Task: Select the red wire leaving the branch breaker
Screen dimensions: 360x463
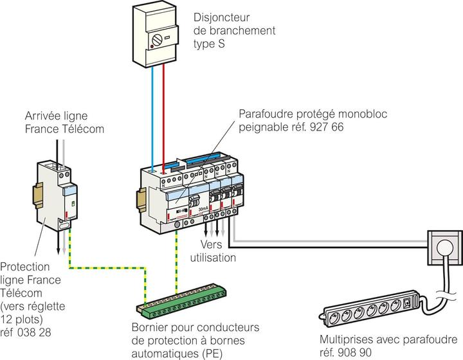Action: point(165,116)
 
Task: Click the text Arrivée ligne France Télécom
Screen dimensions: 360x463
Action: point(64,122)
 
